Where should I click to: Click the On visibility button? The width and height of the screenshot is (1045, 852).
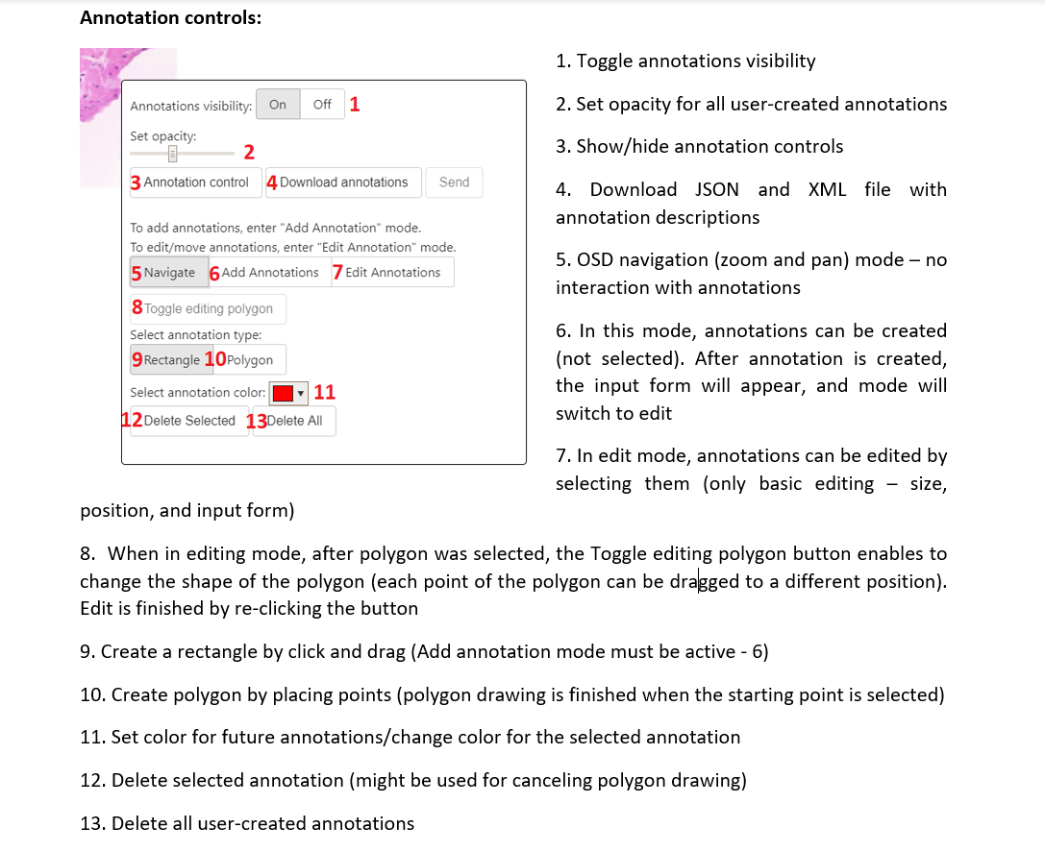coord(278,105)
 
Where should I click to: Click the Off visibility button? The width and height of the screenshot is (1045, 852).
coord(322,105)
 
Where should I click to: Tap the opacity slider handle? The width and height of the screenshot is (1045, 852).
coord(173,154)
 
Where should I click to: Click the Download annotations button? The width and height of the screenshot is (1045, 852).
coord(343,183)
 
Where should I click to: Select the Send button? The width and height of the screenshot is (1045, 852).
coord(454,183)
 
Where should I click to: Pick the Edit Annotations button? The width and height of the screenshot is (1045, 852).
coord(392,273)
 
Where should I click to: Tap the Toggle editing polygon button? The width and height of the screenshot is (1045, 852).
coord(208,309)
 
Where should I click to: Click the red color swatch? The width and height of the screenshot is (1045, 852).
coord(283,393)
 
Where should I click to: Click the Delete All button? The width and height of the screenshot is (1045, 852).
coord(294,422)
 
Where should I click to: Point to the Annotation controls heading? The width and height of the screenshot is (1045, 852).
coord(170,18)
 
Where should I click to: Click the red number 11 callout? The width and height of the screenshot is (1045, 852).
coord(324,392)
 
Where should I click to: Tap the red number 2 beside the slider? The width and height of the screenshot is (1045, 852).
coord(249,153)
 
